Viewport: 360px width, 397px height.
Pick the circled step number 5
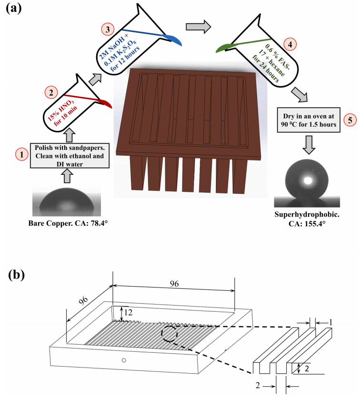[x=336, y=119]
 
